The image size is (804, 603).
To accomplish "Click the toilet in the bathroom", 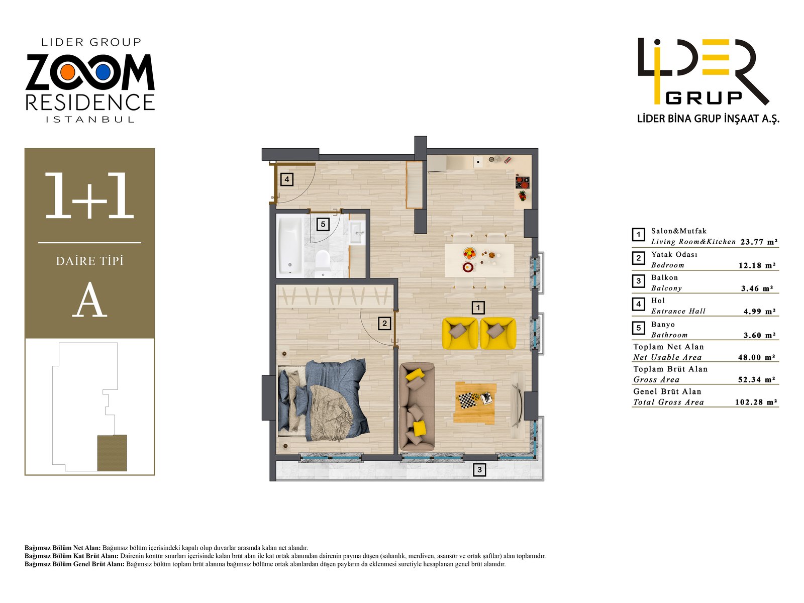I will pos(322,263).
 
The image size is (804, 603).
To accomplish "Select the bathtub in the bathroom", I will pos(290,246).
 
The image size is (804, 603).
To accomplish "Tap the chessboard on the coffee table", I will pos(467,400).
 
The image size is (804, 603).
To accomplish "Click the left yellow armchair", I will pos(459,333).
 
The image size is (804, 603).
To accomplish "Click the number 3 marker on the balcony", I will pos(479,470).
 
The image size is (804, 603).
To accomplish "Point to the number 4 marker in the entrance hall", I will pos(286,179).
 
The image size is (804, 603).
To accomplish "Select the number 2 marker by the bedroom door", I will pos(384,323).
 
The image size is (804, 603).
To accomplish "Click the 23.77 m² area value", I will pos(758,242).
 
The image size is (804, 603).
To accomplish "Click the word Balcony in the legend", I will pos(666,288).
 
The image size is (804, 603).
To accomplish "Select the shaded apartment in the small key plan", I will pos(112,453).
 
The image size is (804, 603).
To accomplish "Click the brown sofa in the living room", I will pos(417,407).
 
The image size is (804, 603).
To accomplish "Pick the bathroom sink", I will pos(357,232).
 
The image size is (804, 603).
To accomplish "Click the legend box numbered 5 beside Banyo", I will pos(638,329).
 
